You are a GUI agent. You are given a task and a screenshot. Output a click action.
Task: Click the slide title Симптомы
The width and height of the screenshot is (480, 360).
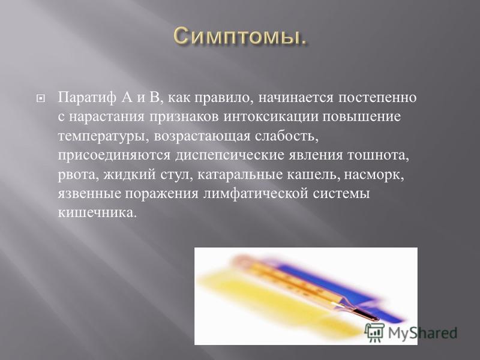click(240, 37)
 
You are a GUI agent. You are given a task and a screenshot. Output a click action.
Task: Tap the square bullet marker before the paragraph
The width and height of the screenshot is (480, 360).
click(41, 98)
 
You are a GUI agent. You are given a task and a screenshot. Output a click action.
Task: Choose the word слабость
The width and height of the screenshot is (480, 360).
click(287, 136)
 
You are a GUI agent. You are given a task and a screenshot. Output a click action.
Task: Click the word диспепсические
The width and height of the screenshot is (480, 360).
click(230, 155)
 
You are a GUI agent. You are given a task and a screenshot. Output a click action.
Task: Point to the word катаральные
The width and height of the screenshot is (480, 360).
click(239, 175)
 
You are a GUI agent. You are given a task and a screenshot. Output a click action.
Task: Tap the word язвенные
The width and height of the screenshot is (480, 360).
click(89, 194)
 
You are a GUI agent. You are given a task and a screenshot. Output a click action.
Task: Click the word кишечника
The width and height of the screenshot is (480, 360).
click(97, 213)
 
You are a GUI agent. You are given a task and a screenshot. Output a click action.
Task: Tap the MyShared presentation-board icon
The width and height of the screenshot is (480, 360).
click(374, 332)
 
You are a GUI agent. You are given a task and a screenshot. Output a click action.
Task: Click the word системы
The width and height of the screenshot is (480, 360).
click(341, 194)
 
